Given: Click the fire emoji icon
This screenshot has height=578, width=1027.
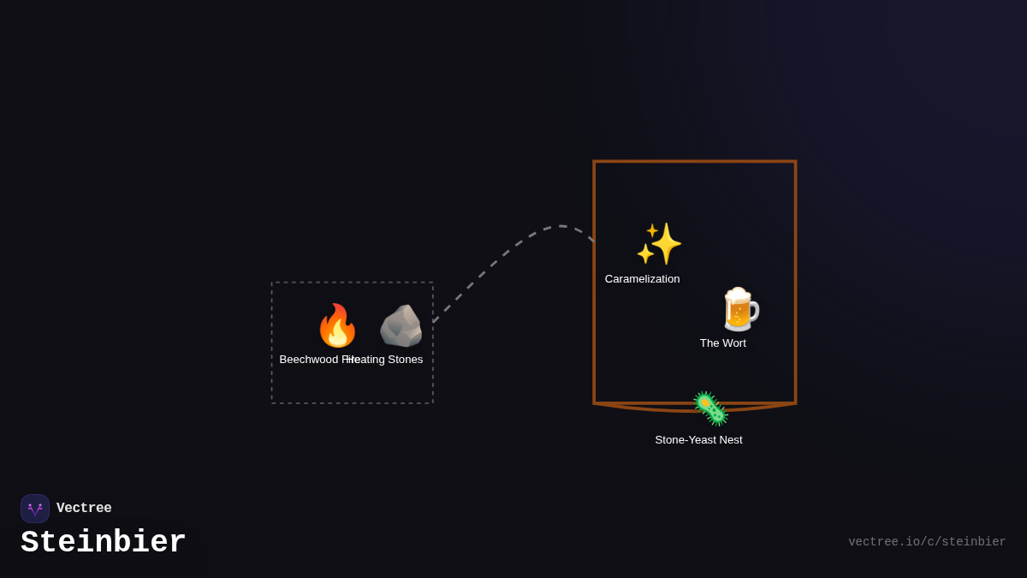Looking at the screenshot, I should tap(337, 326).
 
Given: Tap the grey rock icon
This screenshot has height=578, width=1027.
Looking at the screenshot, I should tap(401, 326).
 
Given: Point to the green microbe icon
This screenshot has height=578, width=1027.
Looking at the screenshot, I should tap(710, 408).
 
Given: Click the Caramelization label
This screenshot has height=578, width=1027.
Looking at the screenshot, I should tap(642, 279).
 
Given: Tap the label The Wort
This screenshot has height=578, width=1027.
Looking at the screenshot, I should tap(722, 343).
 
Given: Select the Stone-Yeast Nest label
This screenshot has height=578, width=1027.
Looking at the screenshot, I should tap(698, 440).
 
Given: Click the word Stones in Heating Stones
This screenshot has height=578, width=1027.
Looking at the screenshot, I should tap(406, 360).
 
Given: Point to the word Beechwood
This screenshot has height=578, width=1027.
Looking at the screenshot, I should tap(308, 360).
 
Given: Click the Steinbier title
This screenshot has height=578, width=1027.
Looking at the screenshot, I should tap(104, 543).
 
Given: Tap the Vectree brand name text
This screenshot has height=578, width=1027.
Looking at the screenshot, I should tap(84, 509).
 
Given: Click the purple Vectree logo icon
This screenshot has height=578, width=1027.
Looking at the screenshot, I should tap(35, 509).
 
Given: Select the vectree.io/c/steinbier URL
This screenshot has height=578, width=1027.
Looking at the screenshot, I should tap(927, 542).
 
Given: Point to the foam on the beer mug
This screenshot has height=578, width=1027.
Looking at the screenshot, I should tap(736, 296).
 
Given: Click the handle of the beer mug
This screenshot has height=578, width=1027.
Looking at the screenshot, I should tap(753, 312).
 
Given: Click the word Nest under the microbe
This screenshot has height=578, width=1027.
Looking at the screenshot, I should tap(728, 440).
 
